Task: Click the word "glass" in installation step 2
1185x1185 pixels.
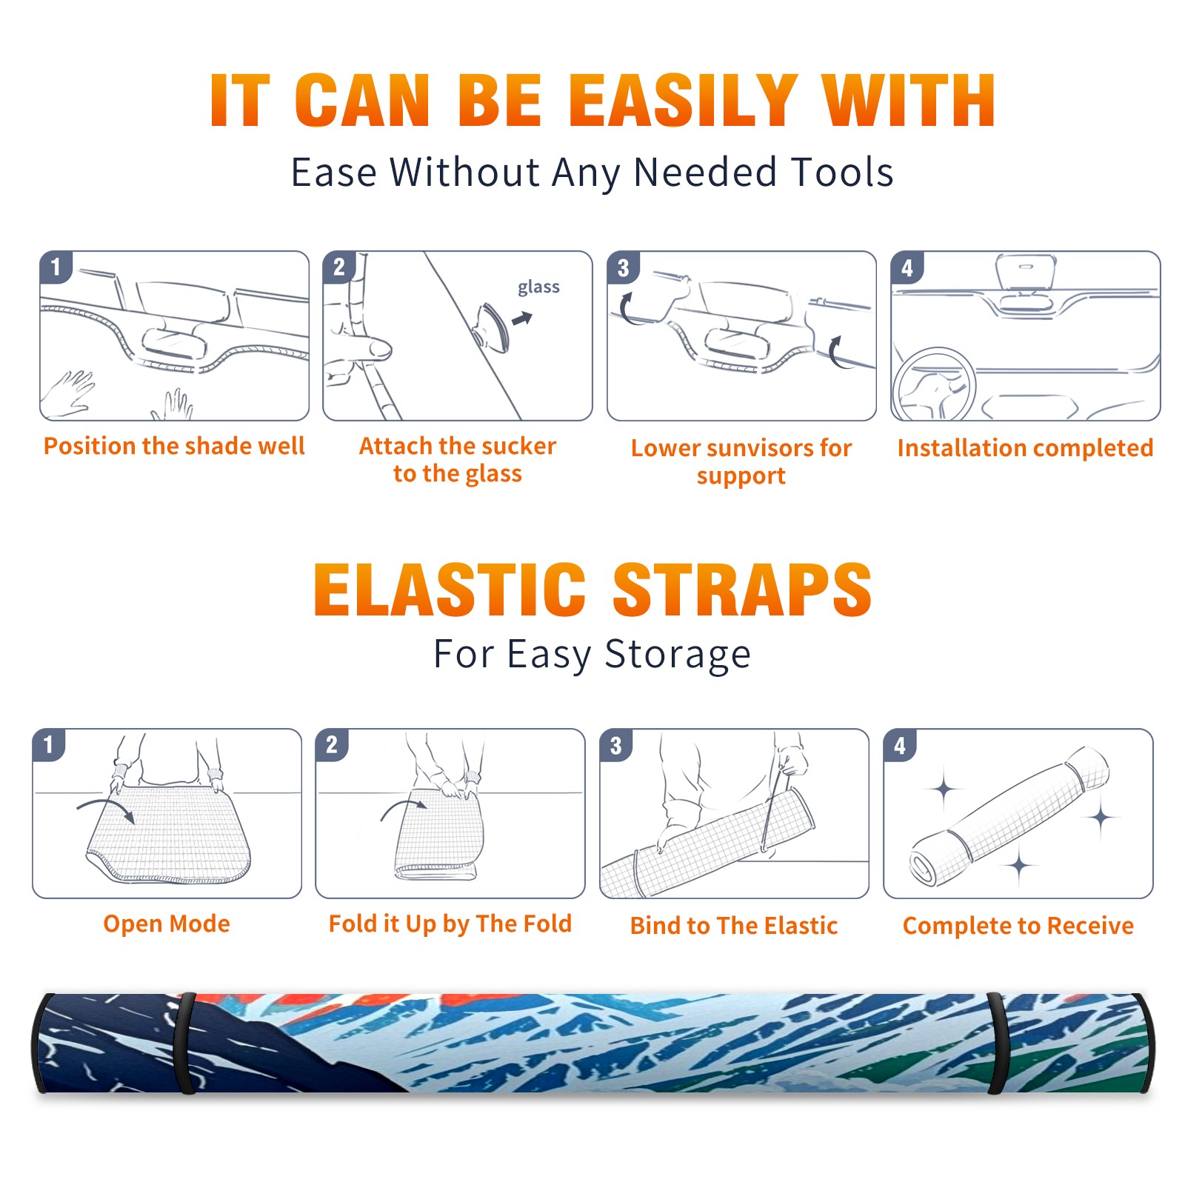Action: [x=538, y=287]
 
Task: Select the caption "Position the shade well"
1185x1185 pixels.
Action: [x=174, y=447]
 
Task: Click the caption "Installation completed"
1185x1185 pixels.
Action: [x=1025, y=448]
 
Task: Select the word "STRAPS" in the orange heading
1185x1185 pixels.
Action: [x=742, y=590]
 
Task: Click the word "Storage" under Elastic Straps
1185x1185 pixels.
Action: [x=677, y=655]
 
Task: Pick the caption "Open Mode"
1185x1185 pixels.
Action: [x=167, y=924]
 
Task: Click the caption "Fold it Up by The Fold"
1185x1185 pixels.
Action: [x=450, y=924]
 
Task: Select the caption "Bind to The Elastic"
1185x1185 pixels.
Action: [x=734, y=926]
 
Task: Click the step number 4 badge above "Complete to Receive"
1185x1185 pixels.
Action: [x=900, y=745]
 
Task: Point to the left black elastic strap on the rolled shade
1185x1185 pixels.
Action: [x=185, y=1044]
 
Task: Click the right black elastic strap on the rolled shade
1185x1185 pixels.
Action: [x=999, y=1044]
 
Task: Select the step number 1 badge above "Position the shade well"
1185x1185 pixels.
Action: [x=56, y=267]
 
